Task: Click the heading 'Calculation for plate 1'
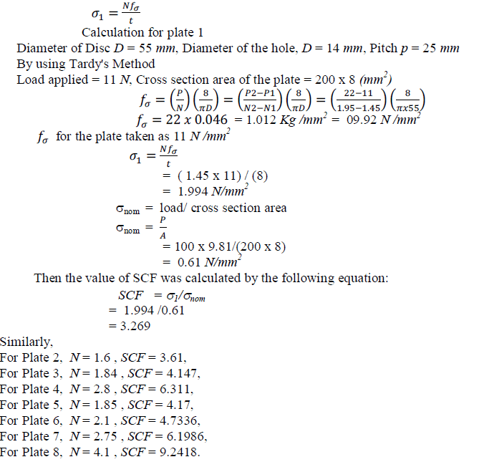(142, 32)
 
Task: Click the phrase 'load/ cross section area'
(223, 208)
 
